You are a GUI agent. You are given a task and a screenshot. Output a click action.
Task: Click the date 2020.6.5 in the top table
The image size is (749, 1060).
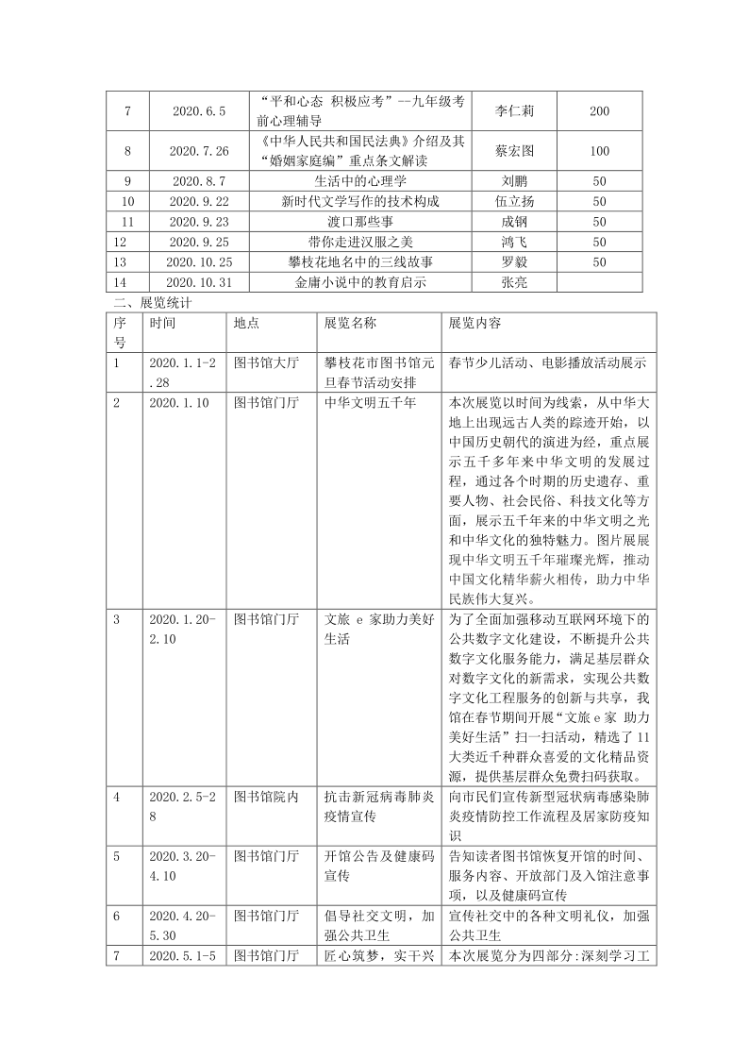tap(199, 111)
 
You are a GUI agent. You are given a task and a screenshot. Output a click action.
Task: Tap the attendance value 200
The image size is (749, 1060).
tap(599, 111)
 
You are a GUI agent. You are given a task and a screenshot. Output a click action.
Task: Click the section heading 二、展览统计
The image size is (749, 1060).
tap(152, 303)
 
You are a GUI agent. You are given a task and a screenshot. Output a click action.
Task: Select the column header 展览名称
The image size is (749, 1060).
tap(350, 323)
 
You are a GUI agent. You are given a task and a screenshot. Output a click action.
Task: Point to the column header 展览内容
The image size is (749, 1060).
tap(475, 323)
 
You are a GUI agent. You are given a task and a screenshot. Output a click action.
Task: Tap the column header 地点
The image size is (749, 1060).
tap(246, 323)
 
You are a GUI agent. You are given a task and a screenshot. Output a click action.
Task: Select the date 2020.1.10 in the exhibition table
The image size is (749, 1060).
tap(180, 402)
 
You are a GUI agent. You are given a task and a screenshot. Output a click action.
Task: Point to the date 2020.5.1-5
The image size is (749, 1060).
tap(183, 956)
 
